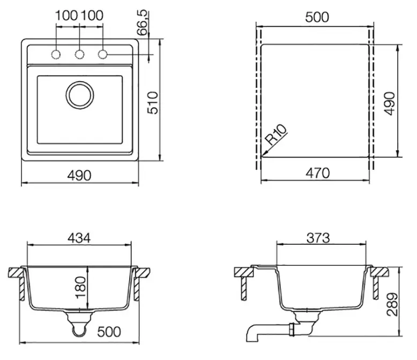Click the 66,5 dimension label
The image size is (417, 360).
pyautogui.click(x=142, y=22)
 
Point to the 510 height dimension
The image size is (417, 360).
pyautogui.click(x=153, y=103)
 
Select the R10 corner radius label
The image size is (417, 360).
pyautogui.click(x=277, y=134)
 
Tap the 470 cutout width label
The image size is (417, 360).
pyautogui.click(x=317, y=173)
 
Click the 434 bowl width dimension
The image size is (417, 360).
pyautogui.click(x=79, y=238)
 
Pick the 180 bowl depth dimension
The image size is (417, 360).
pyautogui.click(x=80, y=288)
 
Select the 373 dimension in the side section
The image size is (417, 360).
pyautogui.click(x=318, y=238)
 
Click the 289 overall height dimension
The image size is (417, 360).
pyautogui.click(x=392, y=304)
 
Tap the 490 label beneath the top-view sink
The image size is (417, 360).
pyautogui.click(x=79, y=176)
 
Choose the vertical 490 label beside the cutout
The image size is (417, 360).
pyautogui.click(x=390, y=103)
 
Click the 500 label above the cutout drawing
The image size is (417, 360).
pyautogui.click(x=317, y=17)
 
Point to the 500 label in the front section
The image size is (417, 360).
pyautogui.click(x=109, y=332)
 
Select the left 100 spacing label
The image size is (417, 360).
pyautogui.click(x=66, y=16)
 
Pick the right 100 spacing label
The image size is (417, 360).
pyautogui.click(x=92, y=16)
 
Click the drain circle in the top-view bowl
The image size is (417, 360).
pyautogui.click(x=80, y=82)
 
